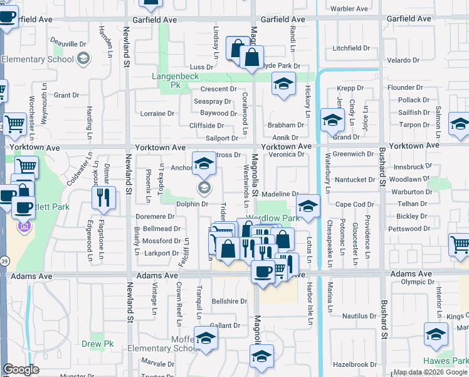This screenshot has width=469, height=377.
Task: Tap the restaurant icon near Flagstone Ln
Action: click(103, 198)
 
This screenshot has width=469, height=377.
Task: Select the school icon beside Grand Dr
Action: click(332, 119)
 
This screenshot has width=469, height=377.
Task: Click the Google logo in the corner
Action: click(21, 369)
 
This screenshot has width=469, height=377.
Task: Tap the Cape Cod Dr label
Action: click(354, 204)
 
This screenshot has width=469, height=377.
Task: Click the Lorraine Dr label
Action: click(157, 114)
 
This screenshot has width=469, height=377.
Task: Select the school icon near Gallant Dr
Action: click(205, 339)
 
